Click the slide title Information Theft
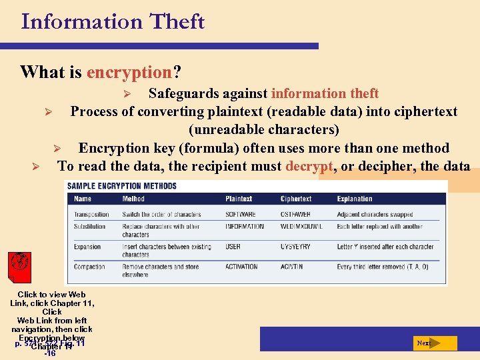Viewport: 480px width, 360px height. pos(113,21)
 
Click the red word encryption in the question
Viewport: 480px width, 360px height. pos(129,72)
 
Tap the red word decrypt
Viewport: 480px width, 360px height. pos(309,166)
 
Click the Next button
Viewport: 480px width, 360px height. pos(435,343)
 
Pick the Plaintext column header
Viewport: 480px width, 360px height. pos(239,199)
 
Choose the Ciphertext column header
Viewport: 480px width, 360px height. pos(295,199)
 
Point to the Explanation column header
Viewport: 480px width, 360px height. pos(355,199)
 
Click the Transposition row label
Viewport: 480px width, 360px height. pos(91,215)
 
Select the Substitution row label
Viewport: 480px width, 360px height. pos(89,227)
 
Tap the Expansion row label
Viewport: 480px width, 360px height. pos(87,247)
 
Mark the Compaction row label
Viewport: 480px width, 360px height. pos(89,267)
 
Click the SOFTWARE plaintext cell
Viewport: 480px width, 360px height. pos(240,215)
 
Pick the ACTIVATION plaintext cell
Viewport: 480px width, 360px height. pos(241,267)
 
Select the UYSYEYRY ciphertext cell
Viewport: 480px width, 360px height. pos(295,247)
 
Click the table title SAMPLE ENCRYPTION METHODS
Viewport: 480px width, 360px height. pos(121,185)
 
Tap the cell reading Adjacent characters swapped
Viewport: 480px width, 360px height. pos(375,215)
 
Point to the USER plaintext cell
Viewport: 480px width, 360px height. pos(233,247)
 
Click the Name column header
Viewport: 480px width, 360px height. pos(83,199)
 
